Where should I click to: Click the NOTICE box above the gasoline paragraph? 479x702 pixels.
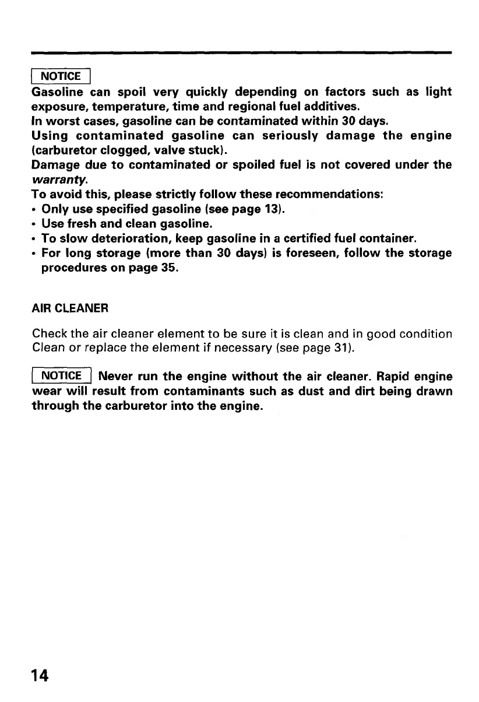[x=62, y=76]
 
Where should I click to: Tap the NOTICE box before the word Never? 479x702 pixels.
[x=64, y=376]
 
